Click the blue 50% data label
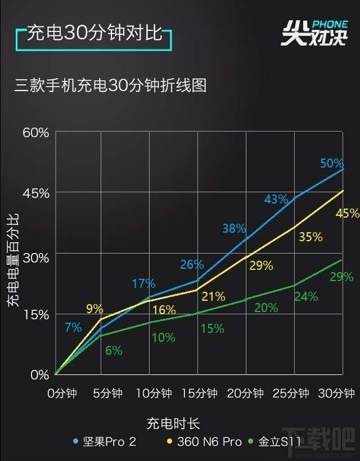(x=332, y=164)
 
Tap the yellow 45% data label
(x=346, y=214)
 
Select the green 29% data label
(x=341, y=277)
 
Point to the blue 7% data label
(x=73, y=327)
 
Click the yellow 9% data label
(x=94, y=309)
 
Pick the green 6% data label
(x=114, y=350)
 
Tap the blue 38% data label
(x=234, y=229)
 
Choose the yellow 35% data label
(x=310, y=237)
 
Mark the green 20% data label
(x=266, y=308)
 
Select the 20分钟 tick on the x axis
(x=245, y=394)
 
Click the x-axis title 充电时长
(x=173, y=423)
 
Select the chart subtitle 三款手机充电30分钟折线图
(x=111, y=85)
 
